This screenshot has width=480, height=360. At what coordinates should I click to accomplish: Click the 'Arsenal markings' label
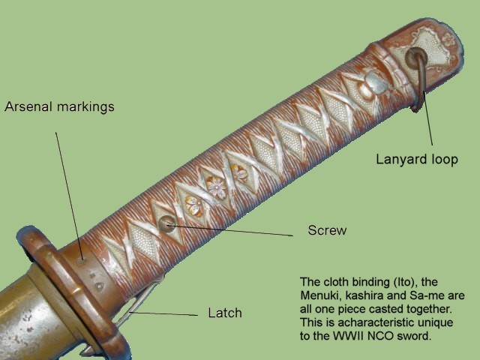click(x=59, y=106)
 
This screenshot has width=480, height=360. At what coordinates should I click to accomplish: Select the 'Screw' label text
click(x=327, y=230)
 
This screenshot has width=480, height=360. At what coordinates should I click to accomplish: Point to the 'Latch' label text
click(x=224, y=312)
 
